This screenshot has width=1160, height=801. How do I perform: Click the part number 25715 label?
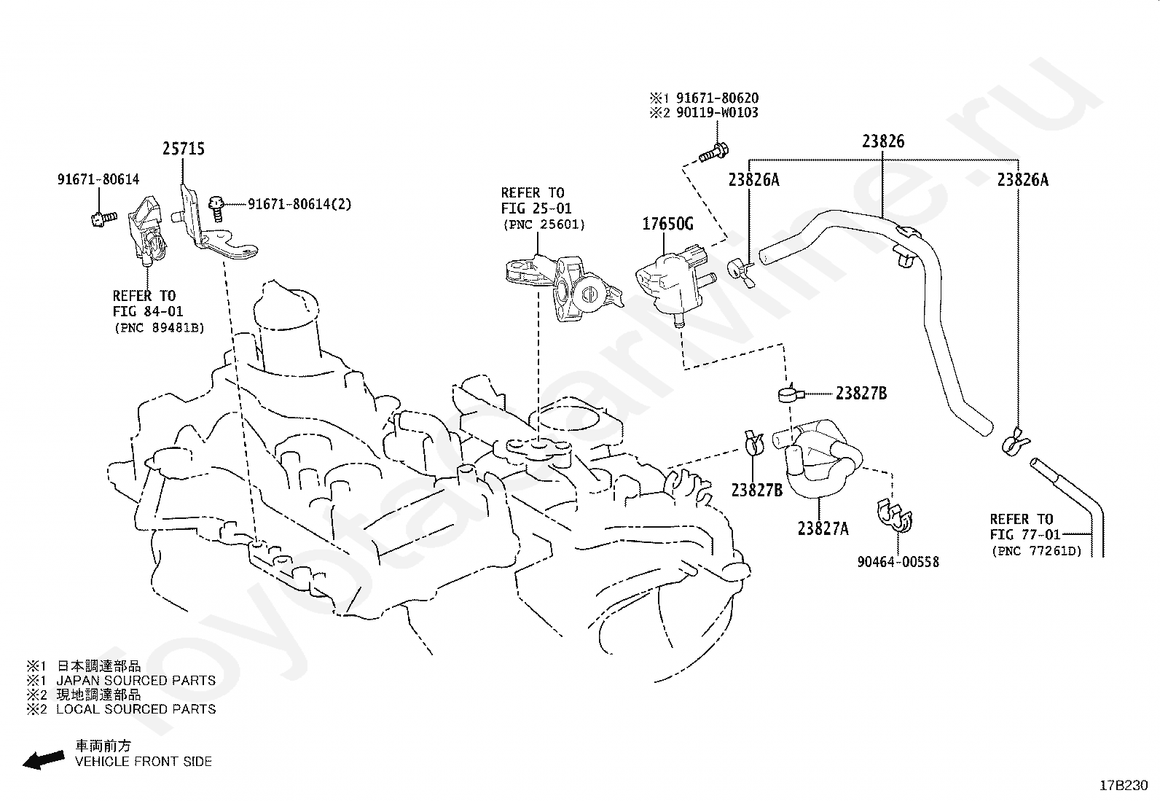click(x=184, y=149)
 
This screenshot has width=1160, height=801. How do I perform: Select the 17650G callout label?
click(x=667, y=224)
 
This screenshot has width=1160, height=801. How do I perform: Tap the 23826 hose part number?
click(x=883, y=141)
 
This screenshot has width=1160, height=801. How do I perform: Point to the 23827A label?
click(x=823, y=528)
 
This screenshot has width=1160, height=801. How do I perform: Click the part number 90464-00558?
click(x=898, y=562)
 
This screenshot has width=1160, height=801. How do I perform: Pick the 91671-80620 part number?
click(x=717, y=98)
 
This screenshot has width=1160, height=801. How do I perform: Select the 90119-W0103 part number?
click(x=717, y=112)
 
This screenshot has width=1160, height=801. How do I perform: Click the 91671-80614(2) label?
click(x=299, y=204)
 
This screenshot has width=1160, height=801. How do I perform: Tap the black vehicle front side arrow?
click(x=44, y=759)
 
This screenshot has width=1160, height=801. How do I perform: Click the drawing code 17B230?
click(x=1124, y=786)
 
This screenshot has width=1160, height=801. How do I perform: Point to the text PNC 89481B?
click(x=160, y=328)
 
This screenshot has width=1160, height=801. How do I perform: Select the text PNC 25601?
click(x=544, y=225)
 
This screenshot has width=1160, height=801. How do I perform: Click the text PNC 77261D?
click(x=1037, y=551)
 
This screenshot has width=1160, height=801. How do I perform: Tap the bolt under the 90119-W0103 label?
click(x=714, y=153)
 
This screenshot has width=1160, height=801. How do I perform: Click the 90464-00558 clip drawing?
click(x=895, y=516)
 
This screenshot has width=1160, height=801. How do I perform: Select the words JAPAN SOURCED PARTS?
click(x=136, y=680)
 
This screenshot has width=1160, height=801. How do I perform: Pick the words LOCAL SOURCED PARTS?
click(x=136, y=709)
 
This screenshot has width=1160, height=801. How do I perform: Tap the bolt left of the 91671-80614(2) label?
click(x=217, y=209)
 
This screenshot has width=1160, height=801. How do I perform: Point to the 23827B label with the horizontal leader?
click(x=861, y=394)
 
